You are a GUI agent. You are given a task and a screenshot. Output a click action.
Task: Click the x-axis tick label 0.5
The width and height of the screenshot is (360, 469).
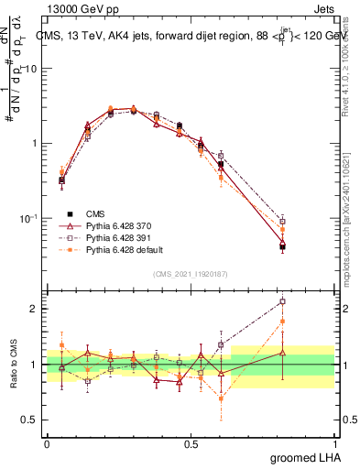pyautogui.click(x=191, y=442)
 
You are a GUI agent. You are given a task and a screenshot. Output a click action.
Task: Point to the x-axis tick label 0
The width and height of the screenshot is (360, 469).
pyautogui.click(x=47, y=442)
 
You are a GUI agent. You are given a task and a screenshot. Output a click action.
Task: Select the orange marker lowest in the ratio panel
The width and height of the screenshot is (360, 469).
pyautogui.click(x=221, y=398)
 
